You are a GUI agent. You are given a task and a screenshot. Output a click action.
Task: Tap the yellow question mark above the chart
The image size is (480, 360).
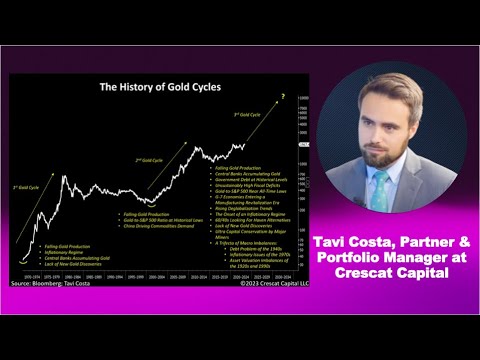[283, 96]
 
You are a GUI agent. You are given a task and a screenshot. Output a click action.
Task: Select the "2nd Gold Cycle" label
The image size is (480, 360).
[150, 159]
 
